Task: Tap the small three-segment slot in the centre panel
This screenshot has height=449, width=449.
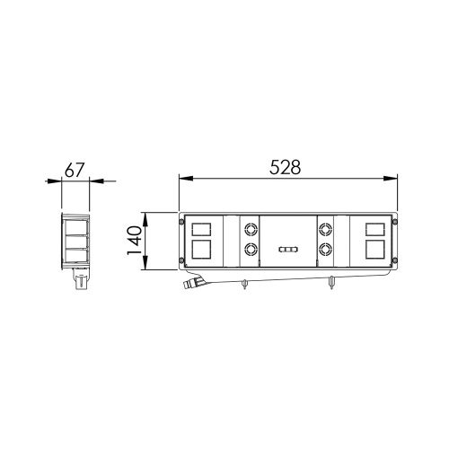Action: (x=288, y=251)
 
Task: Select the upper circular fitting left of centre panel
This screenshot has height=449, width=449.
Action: (x=251, y=230)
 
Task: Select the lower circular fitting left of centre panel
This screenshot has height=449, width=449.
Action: (x=251, y=251)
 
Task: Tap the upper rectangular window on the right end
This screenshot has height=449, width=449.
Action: (x=376, y=227)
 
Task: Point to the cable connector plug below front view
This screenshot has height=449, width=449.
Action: (x=189, y=285)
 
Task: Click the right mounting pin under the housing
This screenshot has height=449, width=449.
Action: (x=332, y=285)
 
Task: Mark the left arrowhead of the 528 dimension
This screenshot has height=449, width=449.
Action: (x=183, y=177)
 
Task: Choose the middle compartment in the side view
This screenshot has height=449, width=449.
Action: (x=75, y=240)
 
